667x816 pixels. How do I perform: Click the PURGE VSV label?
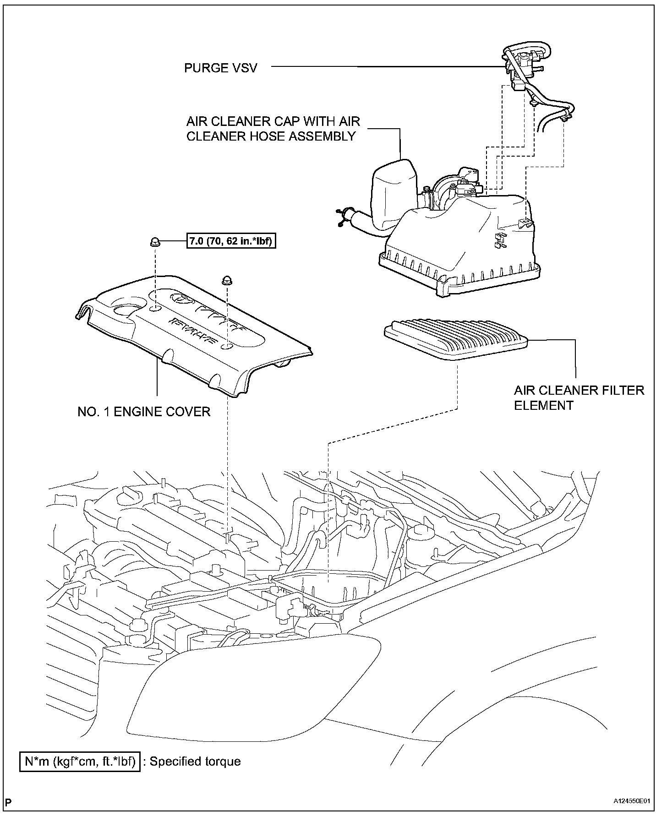[x=220, y=68]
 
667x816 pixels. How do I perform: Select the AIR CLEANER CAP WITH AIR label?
[x=273, y=122]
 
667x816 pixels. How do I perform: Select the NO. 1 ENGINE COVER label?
[x=144, y=412]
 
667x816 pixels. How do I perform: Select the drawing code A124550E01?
[x=632, y=802]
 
